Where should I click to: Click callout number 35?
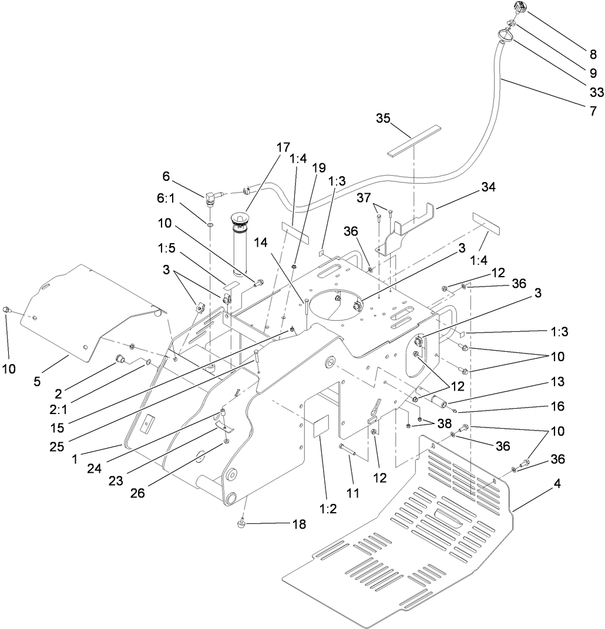point(383,118)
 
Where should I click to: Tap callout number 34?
point(488,187)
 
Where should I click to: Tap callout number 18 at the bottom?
point(299,524)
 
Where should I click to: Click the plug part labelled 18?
point(242,523)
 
